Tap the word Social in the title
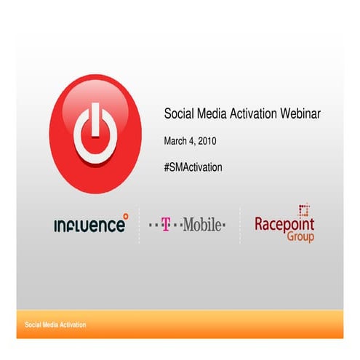point(179,113)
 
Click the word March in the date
point(176,140)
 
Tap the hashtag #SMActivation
point(193,167)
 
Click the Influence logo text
point(89,225)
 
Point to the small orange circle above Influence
point(124,215)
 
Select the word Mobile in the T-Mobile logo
point(201,225)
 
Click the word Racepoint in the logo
point(284,224)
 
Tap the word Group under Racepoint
point(300,237)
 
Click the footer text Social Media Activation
point(55,324)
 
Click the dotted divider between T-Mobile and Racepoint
point(241,225)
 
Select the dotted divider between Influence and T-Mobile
point(139,225)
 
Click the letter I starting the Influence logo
point(56,225)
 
